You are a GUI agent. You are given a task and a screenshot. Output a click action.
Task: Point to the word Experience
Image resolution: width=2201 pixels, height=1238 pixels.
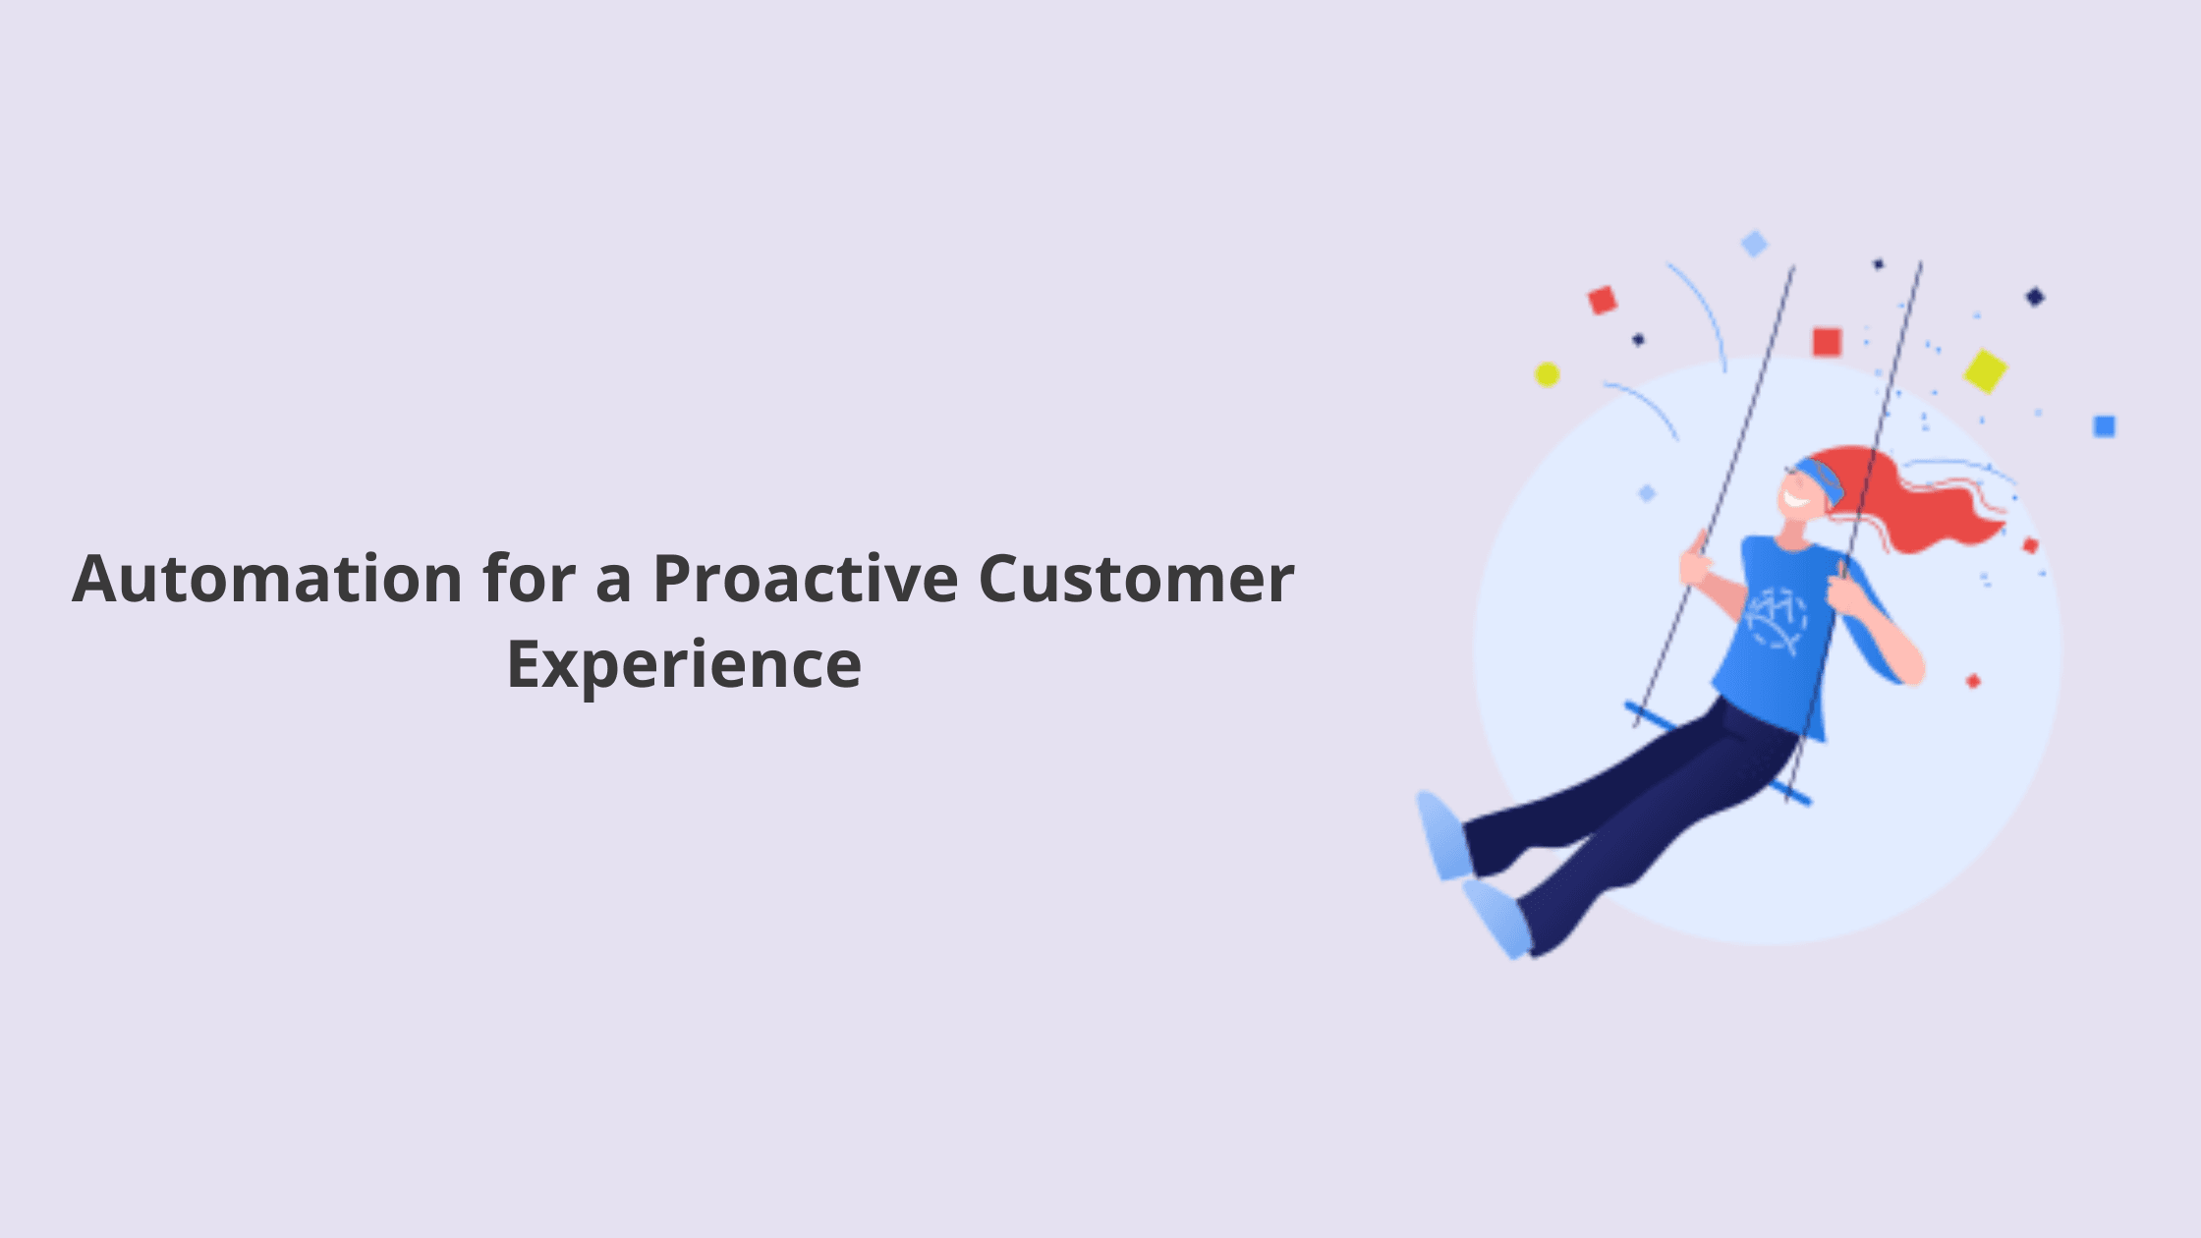click(684, 666)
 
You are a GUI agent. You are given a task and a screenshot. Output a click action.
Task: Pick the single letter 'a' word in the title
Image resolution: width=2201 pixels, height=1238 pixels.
click(613, 584)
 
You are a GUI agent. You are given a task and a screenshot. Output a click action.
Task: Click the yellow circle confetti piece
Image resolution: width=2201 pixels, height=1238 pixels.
click(1548, 374)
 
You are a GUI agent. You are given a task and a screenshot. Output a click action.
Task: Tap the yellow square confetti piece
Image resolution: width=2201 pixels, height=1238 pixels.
click(1986, 371)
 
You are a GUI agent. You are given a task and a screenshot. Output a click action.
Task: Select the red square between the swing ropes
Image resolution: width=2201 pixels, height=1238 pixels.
click(1827, 342)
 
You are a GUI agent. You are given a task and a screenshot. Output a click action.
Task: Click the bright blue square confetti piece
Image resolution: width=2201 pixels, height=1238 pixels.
click(2104, 426)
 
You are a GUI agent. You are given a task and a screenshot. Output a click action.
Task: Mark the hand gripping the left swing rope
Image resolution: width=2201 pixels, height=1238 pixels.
click(1696, 560)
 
